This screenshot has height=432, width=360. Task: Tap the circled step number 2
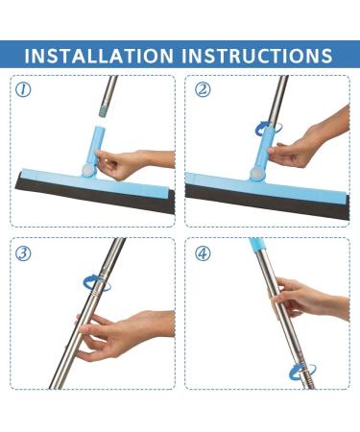click(x=203, y=90)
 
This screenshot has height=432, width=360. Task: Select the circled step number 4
click(x=203, y=252)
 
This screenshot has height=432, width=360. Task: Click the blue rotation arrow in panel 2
click(x=260, y=129)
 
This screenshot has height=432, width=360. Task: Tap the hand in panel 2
click(x=302, y=144)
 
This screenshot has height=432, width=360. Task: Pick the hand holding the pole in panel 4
click(x=307, y=298)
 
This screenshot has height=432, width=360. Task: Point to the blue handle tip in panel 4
click(x=257, y=246)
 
